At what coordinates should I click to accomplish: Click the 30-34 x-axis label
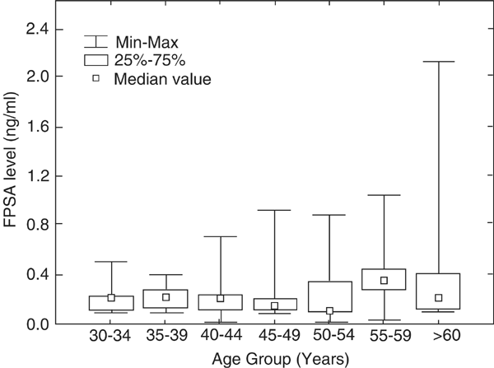pos(110,338)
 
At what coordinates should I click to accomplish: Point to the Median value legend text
pos(163,79)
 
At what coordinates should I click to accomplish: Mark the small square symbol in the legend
pos(97,79)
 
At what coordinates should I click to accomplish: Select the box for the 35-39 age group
pos(165,299)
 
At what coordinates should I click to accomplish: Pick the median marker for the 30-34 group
pos(111,298)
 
